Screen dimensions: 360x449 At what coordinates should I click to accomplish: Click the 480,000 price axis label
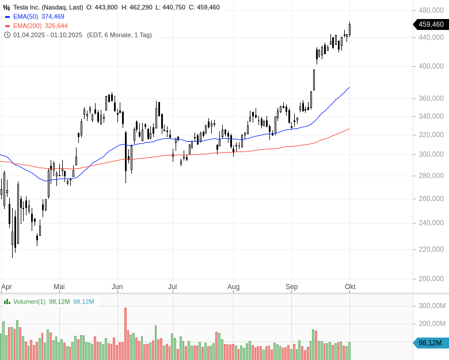pyautogui.click(x=431, y=10)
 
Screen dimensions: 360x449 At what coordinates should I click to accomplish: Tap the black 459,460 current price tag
pyautogui.click(x=430, y=24)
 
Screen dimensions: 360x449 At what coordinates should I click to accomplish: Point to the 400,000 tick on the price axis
pyautogui.click(x=431, y=66)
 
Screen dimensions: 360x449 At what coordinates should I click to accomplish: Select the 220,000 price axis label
pyautogui.click(x=431, y=249)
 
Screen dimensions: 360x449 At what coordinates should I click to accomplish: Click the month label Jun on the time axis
pyautogui.click(x=117, y=286)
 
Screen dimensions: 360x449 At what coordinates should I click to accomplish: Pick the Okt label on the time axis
pyautogui.click(x=350, y=286)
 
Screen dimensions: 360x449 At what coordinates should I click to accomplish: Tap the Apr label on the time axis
pyautogui.click(x=6, y=286)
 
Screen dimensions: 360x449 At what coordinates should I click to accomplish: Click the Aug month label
pyautogui.click(x=233, y=286)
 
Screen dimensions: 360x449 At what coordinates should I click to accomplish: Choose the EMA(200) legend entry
pyautogui.click(x=27, y=26)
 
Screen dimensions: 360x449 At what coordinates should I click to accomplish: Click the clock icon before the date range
pyautogui.click(x=7, y=35)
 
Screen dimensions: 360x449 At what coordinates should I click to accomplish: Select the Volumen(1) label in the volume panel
pyautogui.click(x=29, y=301)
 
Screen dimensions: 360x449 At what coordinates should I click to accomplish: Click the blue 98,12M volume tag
pyautogui.click(x=430, y=343)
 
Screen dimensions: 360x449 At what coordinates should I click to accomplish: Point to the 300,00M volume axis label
pyautogui.click(x=431, y=306)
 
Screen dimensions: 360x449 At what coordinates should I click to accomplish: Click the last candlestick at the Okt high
pyautogui.click(x=349, y=29)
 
